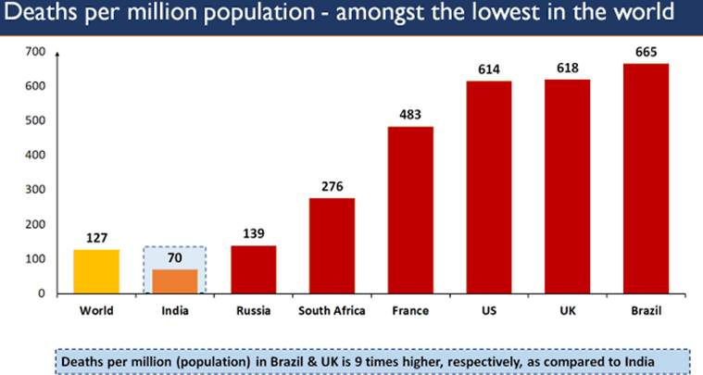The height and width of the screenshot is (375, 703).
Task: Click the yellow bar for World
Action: [x=95, y=271]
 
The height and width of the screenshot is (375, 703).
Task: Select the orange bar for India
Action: [x=174, y=281]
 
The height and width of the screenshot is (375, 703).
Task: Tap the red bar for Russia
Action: [x=253, y=269]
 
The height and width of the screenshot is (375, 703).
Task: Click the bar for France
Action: [x=410, y=210]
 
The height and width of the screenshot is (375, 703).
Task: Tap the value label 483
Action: [x=410, y=115]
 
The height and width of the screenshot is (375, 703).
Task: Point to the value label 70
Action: [x=174, y=258]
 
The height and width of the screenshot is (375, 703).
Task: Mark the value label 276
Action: [x=332, y=186]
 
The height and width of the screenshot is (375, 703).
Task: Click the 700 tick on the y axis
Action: [x=35, y=52]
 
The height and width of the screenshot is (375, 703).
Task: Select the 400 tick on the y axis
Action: [x=35, y=156]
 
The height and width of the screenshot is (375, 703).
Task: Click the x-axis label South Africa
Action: [x=331, y=311]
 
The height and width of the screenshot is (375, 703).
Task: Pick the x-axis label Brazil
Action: [x=646, y=311]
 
